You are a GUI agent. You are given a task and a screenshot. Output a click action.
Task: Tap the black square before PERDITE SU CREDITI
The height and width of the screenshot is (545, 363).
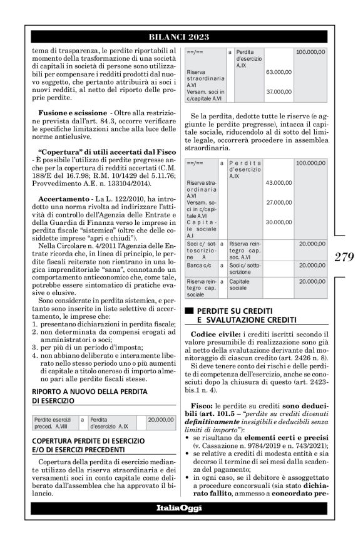point(188,311)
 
